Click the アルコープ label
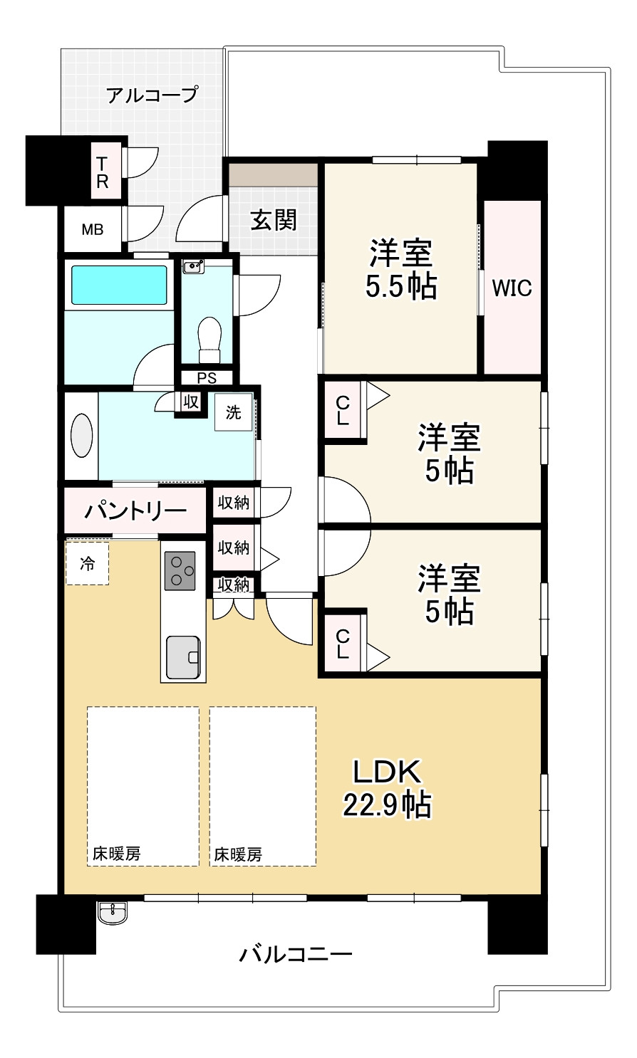pyautogui.click(x=152, y=95)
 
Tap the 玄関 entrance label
pyautogui.click(x=274, y=220)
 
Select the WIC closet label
pyautogui.click(x=512, y=288)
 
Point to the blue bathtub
pyautogui.click(x=118, y=285)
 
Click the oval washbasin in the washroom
pyautogui.click(x=81, y=436)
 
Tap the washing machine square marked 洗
pyautogui.click(x=234, y=412)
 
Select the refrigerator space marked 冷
pyautogui.click(x=88, y=563)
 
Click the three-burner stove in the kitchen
pyautogui.click(x=180, y=570)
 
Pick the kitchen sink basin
pyautogui.click(x=183, y=657)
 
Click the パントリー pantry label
pyautogui.click(x=135, y=510)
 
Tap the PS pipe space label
pyautogui.click(x=207, y=378)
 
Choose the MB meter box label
pyautogui.click(x=93, y=229)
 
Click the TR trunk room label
pyautogui.click(x=102, y=172)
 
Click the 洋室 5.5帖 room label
pyautogui.click(x=401, y=270)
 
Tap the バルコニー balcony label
pyautogui.click(x=296, y=955)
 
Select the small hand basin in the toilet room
pyautogui.click(x=193, y=266)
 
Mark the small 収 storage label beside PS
pyautogui.click(x=191, y=402)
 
